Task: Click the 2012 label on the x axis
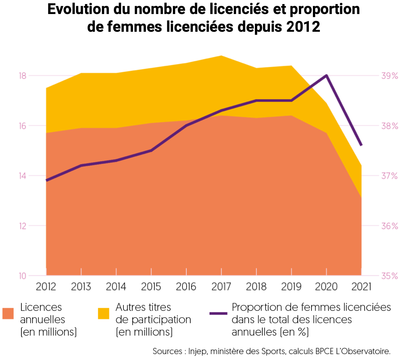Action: click(x=46, y=287)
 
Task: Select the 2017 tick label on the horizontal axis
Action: click(x=221, y=287)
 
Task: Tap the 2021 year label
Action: click(x=361, y=287)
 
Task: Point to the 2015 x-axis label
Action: click(x=151, y=287)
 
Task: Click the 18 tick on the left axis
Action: click(x=22, y=76)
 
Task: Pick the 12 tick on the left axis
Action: click(x=22, y=226)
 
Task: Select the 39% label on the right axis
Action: click(x=389, y=76)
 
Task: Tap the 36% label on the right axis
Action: click(x=389, y=226)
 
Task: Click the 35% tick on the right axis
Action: click(x=389, y=276)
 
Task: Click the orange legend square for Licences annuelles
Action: click(x=8, y=313)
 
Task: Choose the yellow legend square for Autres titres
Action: click(x=103, y=313)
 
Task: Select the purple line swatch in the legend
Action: click(x=218, y=313)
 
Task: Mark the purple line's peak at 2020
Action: click(x=326, y=76)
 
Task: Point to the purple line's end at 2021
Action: click(x=361, y=145)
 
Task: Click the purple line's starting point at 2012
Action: click(x=47, y=180)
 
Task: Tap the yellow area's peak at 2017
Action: click(x=221, y=56)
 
